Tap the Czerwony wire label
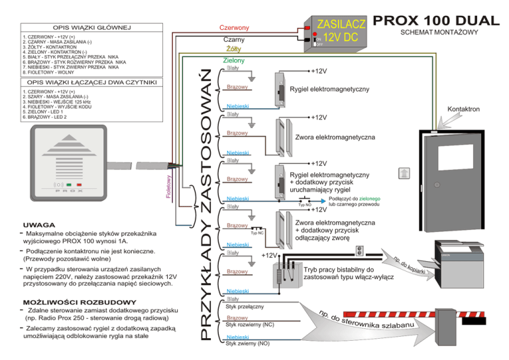[x=234, y=28]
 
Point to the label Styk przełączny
[x=245, y=307]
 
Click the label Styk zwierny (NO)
[x=248, y=344]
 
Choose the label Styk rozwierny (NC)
[x=250, y=325]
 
